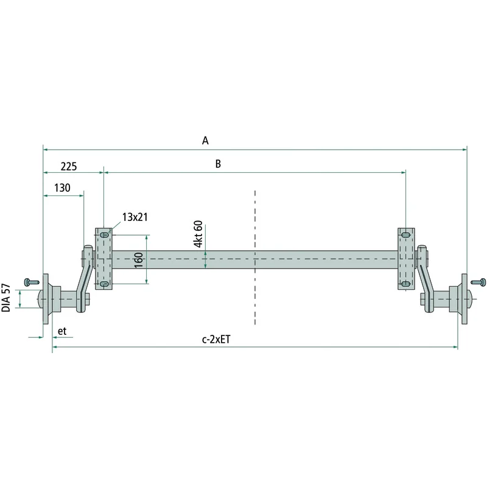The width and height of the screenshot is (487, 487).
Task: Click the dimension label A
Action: click(205, 141)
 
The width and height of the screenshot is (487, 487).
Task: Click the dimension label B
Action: click(218, 164)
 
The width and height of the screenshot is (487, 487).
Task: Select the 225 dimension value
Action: click(69, 166)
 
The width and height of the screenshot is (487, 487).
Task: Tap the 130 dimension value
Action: click(62, 188)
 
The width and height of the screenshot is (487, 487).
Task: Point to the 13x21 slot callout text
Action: click(135, 217)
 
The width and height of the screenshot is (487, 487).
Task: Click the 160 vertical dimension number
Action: click(139, 260)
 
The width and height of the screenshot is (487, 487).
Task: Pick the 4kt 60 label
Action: click(198, 234)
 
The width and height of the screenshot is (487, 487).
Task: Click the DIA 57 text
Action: click(6, 298)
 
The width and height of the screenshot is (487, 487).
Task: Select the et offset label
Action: click(62, 331)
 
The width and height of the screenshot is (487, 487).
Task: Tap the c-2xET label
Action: click(216, 339)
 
